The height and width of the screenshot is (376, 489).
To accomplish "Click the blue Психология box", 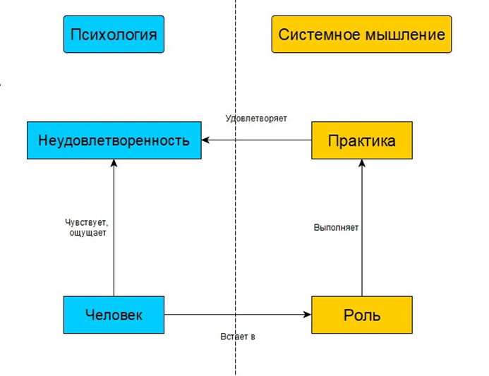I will click(x=113, y=34).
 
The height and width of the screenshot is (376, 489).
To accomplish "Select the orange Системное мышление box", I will click(x=361, y=34).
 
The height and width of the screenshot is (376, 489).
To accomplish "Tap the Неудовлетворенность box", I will click(x=114, y=140).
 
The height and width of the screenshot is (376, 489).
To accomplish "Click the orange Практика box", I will click(x=361, y=140).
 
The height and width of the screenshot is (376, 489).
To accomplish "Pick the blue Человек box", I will click(x=114, y=315).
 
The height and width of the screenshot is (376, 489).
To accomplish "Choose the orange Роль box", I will click(x=361, y=315).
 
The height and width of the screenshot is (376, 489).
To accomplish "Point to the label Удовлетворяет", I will click(x=256, y=119).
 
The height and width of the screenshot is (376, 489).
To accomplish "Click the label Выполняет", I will click(x=336, y=228).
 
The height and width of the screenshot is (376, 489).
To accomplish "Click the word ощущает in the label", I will click(x=88, y=233).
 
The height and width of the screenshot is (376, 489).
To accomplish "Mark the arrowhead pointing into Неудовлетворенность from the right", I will click(x=206, y=140).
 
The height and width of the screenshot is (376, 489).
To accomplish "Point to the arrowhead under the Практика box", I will click(x=362, y=164).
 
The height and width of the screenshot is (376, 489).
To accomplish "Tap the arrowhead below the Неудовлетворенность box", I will click(x=114, y=164).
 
